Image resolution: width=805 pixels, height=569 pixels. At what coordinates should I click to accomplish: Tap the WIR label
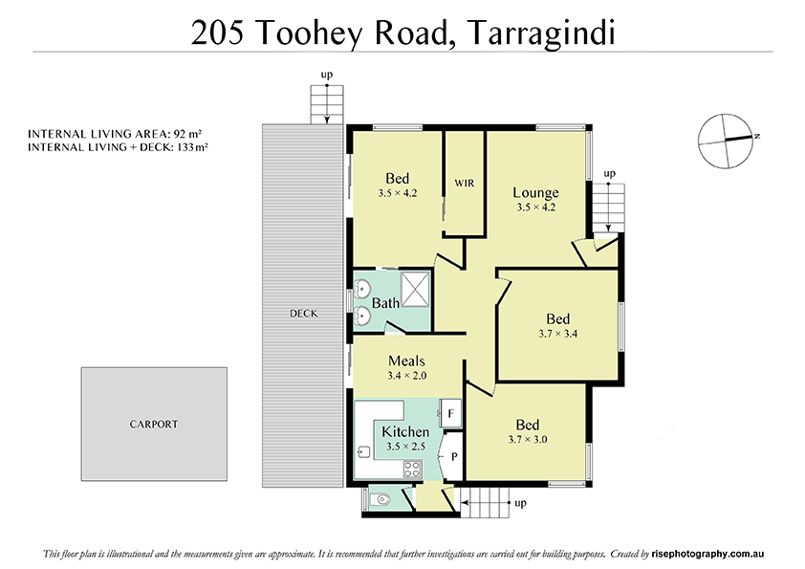(x=465, y=182)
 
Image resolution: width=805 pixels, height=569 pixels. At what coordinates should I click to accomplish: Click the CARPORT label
(x=154, y=424)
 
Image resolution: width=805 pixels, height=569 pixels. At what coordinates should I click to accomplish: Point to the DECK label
(x=304, y=313)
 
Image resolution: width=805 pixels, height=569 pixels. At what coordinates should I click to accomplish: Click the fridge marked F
(x=452, y=413)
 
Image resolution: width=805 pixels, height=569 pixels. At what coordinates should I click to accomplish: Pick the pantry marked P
(x=454, y=456)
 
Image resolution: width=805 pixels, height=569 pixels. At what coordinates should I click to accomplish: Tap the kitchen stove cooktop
(x=412, y=469)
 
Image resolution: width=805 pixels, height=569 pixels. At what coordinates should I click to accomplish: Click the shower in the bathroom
(x=416, y=286)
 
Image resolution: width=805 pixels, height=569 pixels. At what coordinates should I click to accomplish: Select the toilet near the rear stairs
(x=381, y=498)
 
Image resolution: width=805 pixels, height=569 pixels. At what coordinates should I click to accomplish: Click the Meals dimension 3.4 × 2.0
(x=406, y=376)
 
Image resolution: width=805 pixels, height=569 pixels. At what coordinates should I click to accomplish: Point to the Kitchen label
(x=406, y=432)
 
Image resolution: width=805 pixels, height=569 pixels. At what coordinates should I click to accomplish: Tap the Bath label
(x=386, y=303)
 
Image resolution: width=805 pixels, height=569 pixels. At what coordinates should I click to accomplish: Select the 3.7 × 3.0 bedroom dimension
(x=527, y=439)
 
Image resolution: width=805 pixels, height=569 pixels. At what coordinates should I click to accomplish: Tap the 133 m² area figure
(x=191, y=147)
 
